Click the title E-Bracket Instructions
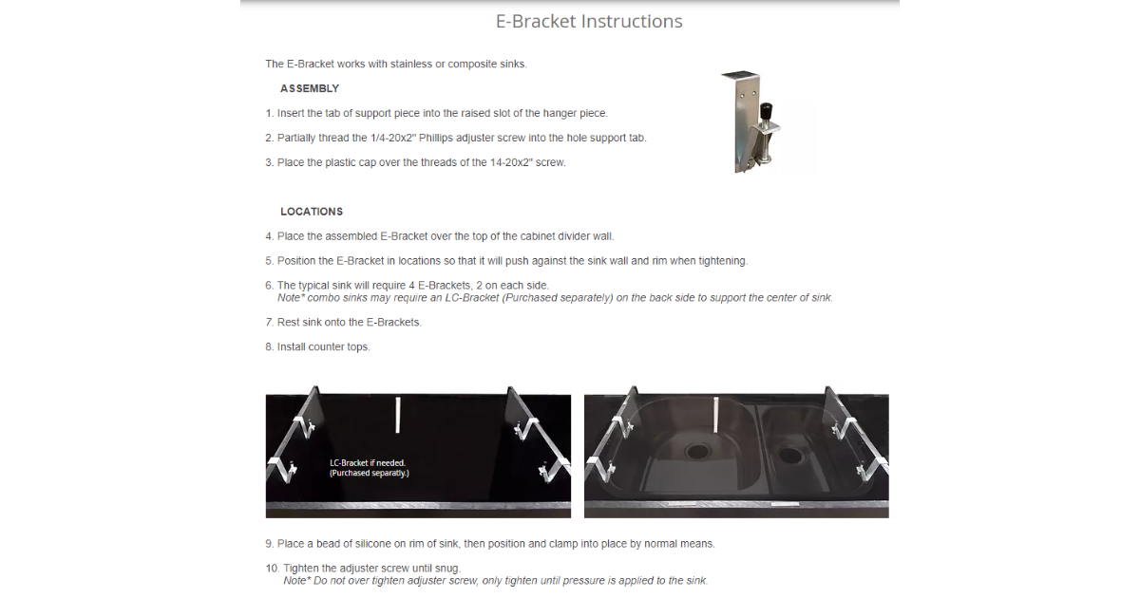click(x=589, y=21)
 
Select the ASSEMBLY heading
click(x=310, y=88)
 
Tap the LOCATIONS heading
click(x=312, y=212)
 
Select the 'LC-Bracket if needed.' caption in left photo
click(x=368, y=463)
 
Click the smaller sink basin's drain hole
click(x=790, y=454)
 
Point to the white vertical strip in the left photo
click(x=397, y=415)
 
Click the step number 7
click(x=269, y=323)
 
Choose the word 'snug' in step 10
click(x=446, y=569)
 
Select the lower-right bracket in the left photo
click(x=555, y=470)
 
